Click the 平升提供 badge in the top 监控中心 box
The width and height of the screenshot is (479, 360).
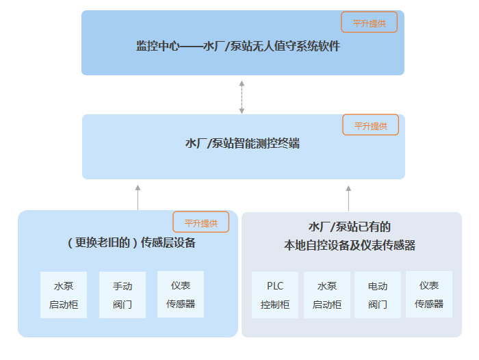coord(369,23)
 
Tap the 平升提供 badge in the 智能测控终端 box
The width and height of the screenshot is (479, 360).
coord(370,125)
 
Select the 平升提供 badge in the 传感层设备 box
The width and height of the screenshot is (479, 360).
coord(200,222)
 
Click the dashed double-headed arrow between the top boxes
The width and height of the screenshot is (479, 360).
coord(241,97)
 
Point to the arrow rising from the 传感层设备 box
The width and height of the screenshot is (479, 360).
coord(138,197)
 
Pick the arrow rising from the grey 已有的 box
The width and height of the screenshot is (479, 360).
coord(348,197)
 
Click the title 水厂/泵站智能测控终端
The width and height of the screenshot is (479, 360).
coord(242,144)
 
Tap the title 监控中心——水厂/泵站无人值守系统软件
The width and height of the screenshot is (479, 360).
coord(237,47)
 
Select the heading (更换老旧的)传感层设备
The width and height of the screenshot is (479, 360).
coord(131,242)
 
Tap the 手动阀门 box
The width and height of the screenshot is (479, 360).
coord(122,295)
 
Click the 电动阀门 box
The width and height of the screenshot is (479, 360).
coord(378,295)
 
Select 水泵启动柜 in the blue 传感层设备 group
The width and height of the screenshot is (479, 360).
coord(64,295)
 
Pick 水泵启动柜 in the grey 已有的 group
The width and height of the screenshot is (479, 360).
coord(327,295)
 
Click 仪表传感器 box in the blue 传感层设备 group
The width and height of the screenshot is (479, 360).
coord(181,294)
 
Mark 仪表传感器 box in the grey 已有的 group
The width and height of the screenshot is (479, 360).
coord(429,294)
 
